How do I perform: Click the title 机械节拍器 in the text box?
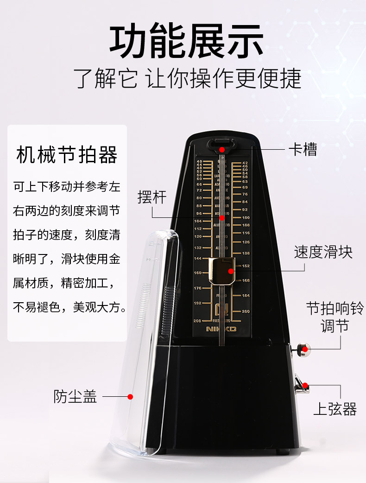[x=67, y=155]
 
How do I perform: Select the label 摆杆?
[x=151, y=196]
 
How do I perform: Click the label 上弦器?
[x=335, y=409]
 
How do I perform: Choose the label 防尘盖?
[x=75, y=396]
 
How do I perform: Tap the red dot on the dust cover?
[x=131, y=397]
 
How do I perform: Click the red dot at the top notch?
[x=222, y=149]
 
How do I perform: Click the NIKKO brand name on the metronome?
[x=221, y=329]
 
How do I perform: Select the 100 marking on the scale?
[x=246, y=217]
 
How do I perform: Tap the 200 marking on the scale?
[x=246, y=311]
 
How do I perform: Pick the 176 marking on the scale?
[x=198, y=288]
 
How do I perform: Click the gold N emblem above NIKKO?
[x=220, y=310]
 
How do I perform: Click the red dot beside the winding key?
[x=305, y=384]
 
